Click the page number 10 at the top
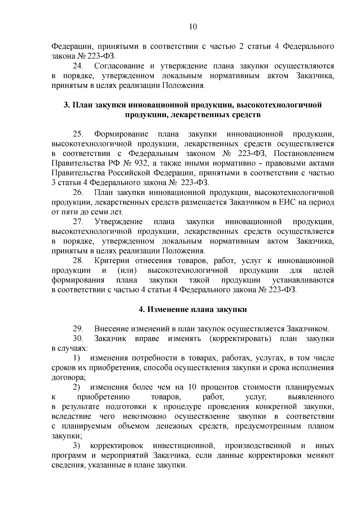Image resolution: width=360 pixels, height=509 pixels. tap(193, 27)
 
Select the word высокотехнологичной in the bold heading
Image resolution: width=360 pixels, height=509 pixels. tap(279, 105)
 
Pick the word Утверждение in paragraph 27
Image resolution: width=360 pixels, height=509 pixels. tap(118, 222)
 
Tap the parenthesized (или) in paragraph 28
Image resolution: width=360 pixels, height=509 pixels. tap(127, 271)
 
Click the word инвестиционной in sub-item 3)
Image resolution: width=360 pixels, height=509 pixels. tap(184, 446)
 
